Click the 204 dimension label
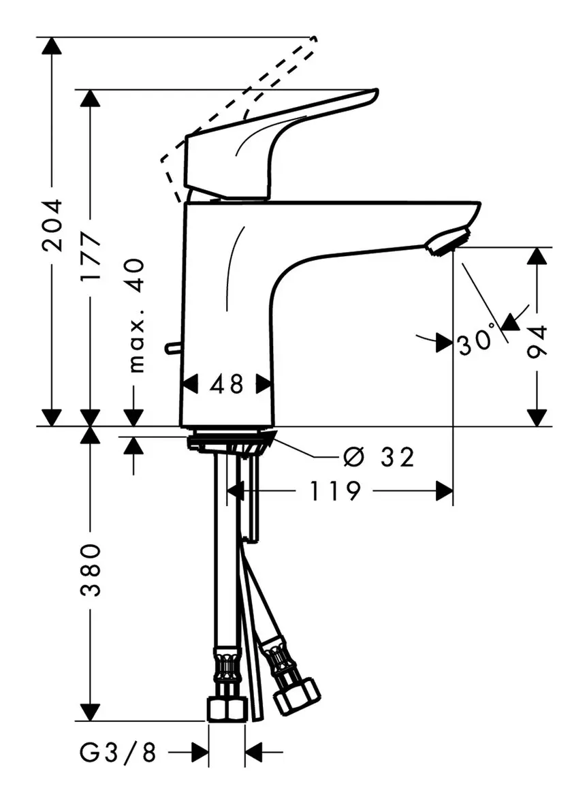pyautogui.click(x=52, y=225)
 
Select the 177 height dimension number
pyautogui.click(x=91, y=256)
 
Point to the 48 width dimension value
pyautogui.click(x=227, y=384)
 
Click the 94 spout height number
pyautogui.click(x=537, y=341)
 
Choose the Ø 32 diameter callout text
pyautogui.click(x=379, y=456)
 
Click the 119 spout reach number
pyautogui.click(x=335, y=491)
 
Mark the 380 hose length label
pyautogui.click(x=91, y=570)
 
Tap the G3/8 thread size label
pyautogui.click(x=118, y=752)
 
